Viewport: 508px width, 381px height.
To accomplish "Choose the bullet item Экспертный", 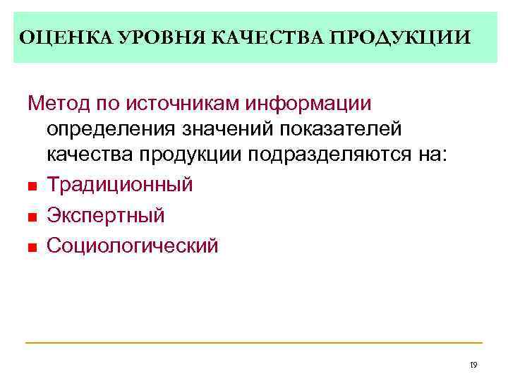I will (106, 215).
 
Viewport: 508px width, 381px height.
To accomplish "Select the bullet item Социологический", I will (133, 246).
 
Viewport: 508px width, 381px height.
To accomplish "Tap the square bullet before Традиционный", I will (32, 186).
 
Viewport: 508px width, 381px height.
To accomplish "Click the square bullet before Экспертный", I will (32, 216).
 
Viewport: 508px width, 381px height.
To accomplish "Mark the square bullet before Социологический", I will (32, 246).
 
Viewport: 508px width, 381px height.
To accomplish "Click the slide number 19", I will (473, 365).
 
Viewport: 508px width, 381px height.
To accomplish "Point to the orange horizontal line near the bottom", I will (254, 343).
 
